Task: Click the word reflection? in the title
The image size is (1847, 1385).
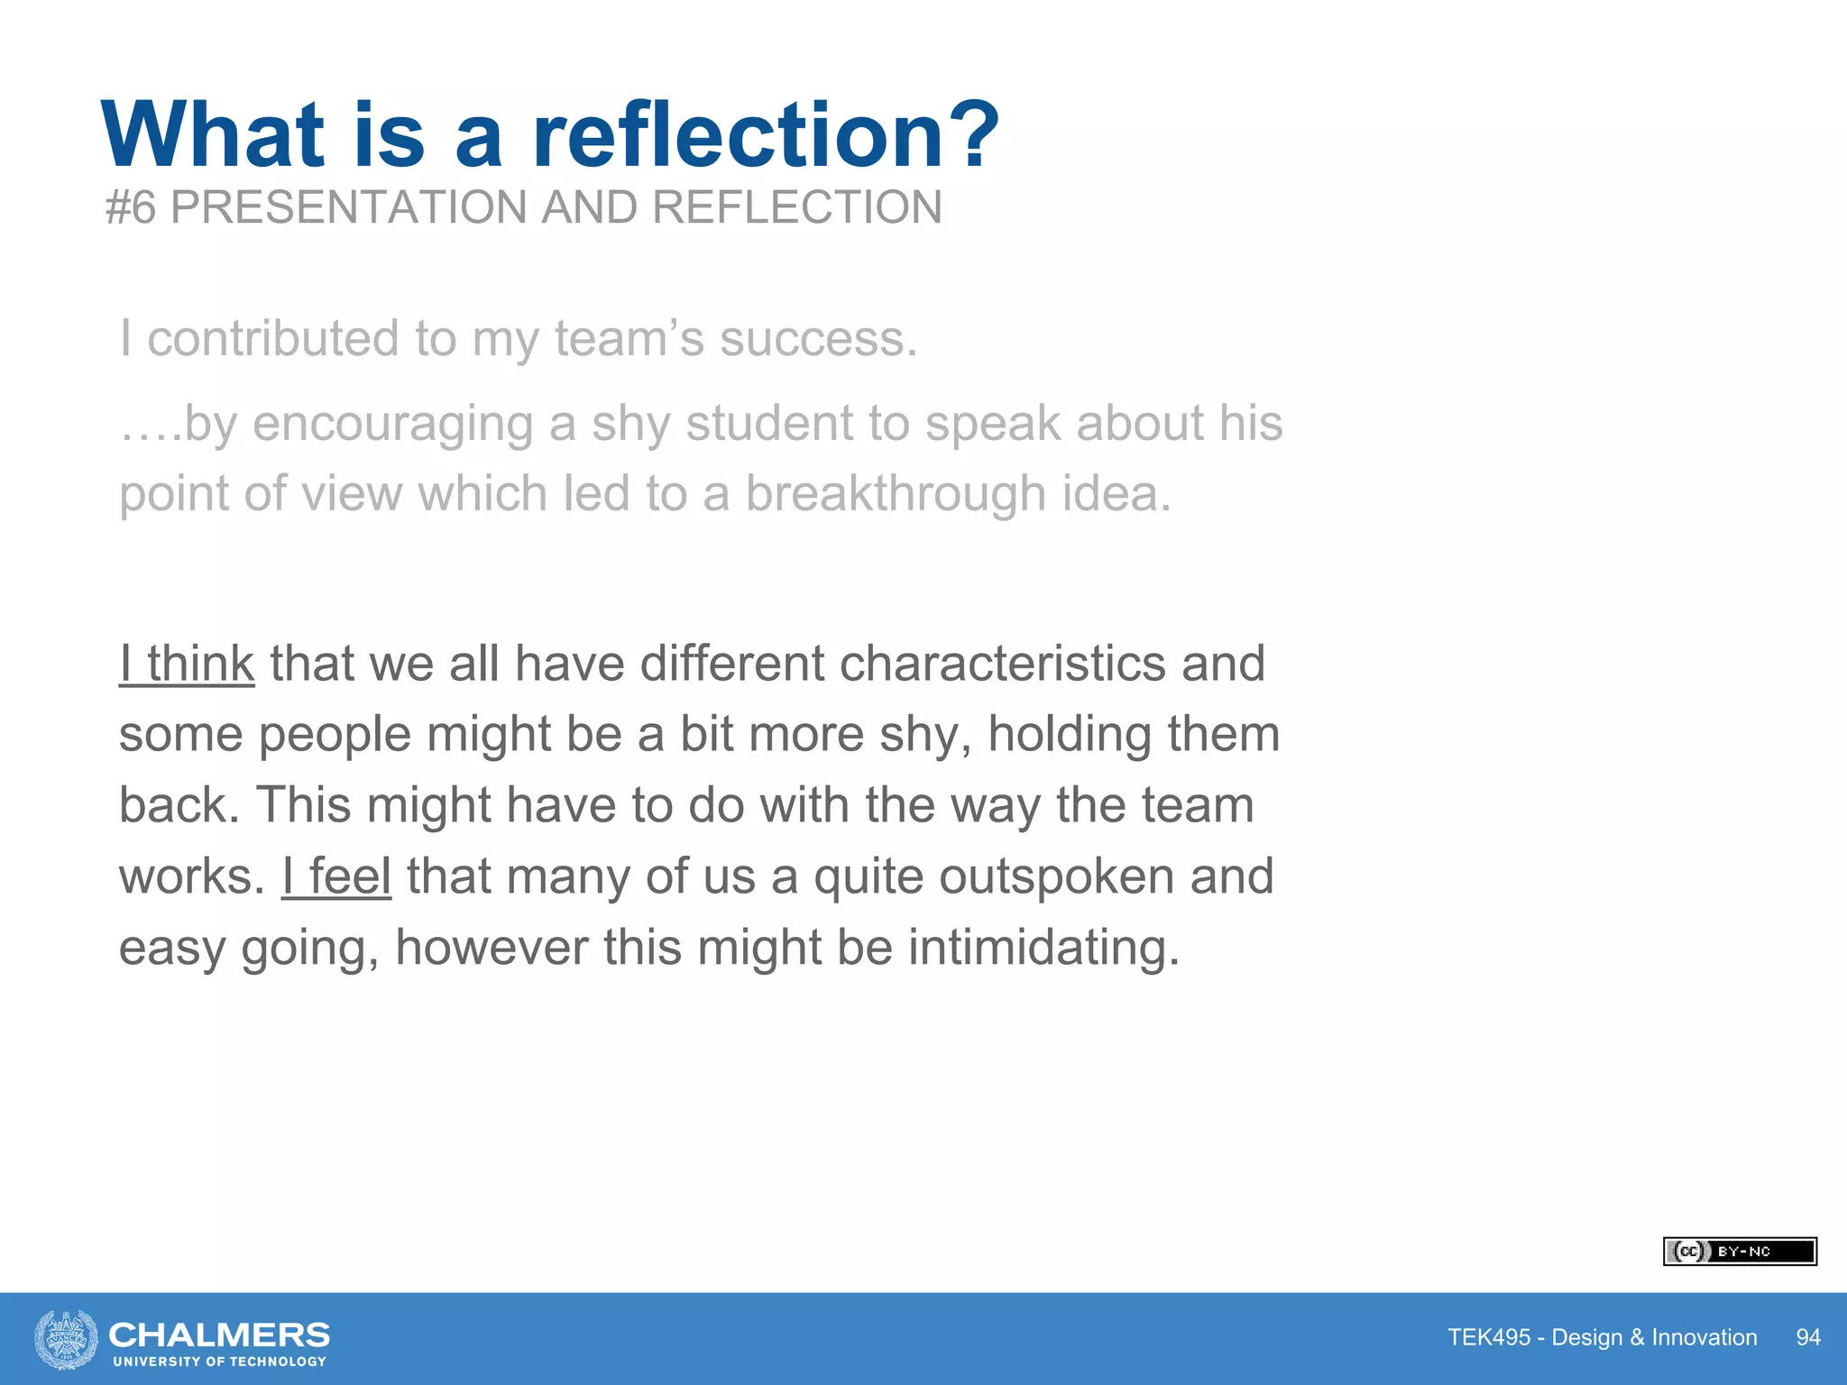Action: tap(766, 135)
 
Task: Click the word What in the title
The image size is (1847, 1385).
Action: tap(213, 135)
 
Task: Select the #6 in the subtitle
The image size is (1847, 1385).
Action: tap(132, 208)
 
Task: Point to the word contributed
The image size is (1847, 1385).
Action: tap(272, 339)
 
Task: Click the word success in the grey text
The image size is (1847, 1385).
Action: tap(817, 339)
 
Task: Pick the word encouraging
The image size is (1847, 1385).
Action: tap(393, 424)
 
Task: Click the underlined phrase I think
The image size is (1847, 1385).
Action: tap(187, 665)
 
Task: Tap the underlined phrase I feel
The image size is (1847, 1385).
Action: tap(336, 876)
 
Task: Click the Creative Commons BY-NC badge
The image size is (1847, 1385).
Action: tap(1740, 1252)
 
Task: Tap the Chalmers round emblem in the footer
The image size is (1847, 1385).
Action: tap(66, 1339)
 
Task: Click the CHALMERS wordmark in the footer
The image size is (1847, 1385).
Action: tap(219, 1335)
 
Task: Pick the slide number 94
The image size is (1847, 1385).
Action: tap(1808, 1337)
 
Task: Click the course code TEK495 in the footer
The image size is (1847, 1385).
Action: tap(1489, 1337)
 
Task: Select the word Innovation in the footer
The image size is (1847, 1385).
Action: tap(1705, 1337)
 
